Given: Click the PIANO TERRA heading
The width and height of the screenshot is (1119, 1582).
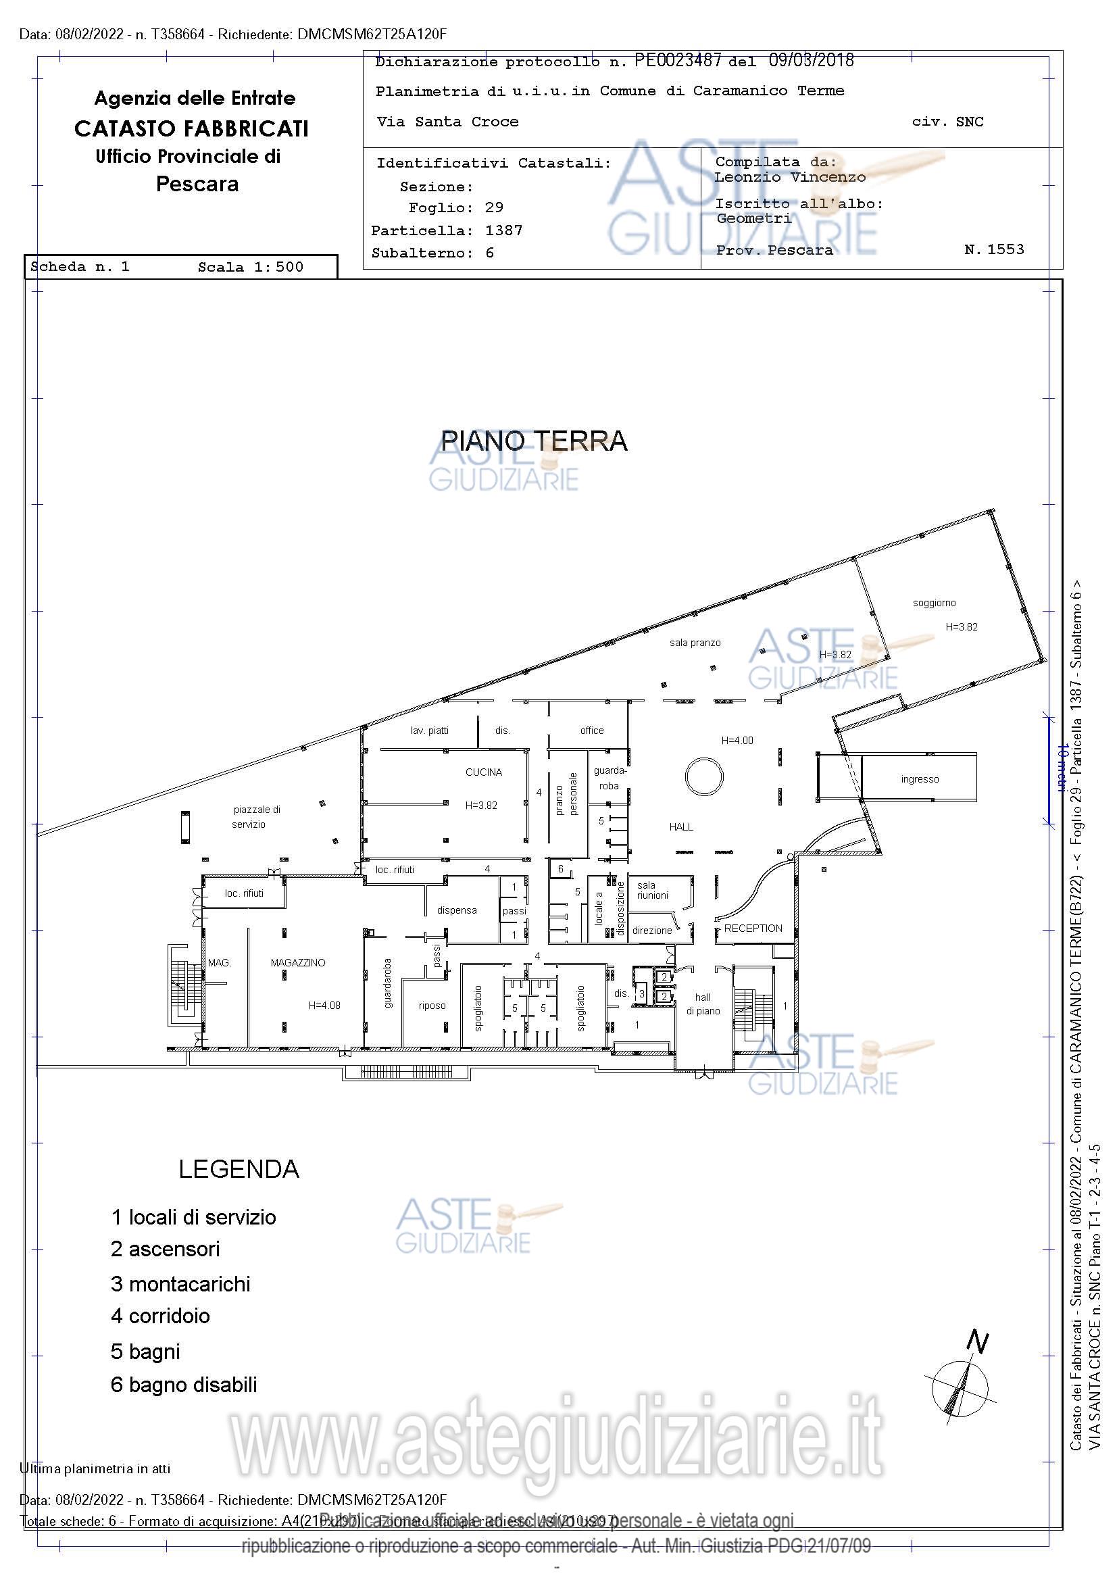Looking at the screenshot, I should (x=533, y=441).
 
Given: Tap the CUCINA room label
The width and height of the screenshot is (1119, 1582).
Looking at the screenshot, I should (x=483, y=772).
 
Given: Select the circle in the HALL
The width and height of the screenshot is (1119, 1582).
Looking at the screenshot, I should (x=704, y=776).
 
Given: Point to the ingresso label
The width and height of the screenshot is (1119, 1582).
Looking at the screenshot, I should (x=919, y=779).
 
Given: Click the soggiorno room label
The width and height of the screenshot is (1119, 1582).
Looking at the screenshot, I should (x=934, y=603).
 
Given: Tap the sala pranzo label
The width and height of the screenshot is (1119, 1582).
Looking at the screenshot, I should (x=695, y=642).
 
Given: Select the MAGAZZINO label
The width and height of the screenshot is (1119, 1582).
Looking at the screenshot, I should (x=298, y=962).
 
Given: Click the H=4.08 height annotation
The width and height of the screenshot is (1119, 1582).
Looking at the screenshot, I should (x=324, y=1006).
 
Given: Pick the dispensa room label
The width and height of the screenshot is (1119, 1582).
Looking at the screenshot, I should (x=456, y=910).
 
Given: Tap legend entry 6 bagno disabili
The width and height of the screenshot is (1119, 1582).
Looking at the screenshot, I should (x=183, y=1384).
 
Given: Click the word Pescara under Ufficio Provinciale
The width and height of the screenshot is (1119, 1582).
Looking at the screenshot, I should (x=197, y=184).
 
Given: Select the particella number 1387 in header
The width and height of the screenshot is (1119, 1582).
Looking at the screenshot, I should (x=503, y=230).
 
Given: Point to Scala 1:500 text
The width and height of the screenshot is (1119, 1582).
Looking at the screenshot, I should (x=250, y=268).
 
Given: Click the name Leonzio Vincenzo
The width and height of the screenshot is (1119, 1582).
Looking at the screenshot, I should (x=790, y=177).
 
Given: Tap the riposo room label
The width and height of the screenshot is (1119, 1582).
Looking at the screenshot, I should (x=432, y=1006).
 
